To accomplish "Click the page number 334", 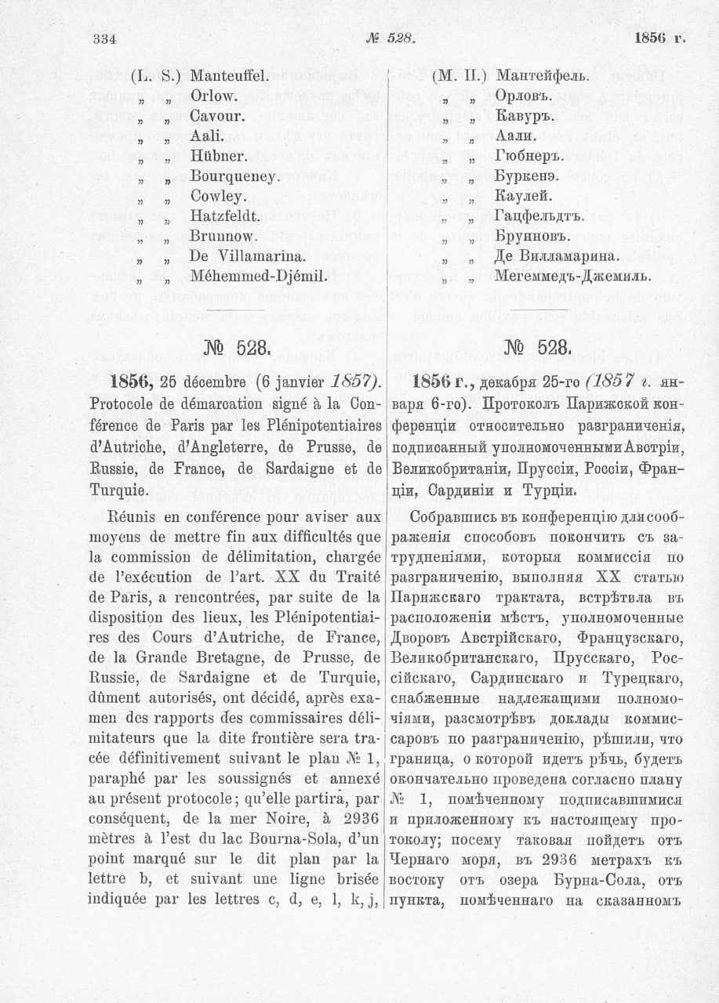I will (x=104, y=38).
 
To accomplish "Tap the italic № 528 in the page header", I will (x=390, y=38).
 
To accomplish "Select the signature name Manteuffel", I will (x=230, y=77).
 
